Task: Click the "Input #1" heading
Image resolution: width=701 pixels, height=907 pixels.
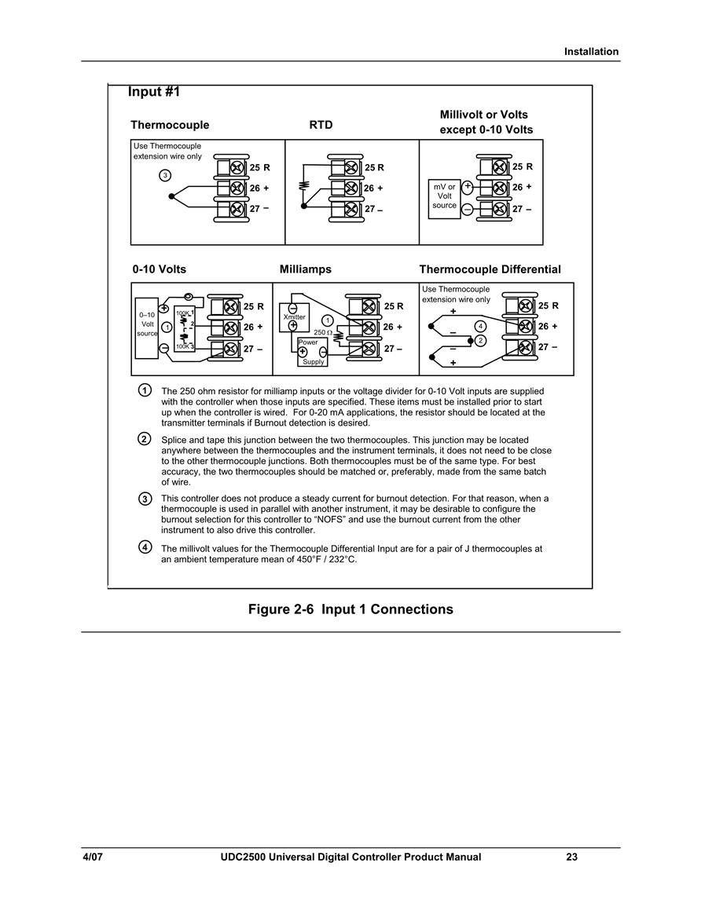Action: click(154, 92)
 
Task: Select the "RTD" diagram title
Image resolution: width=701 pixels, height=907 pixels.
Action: click(321, 125)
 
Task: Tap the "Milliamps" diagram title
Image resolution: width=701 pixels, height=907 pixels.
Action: click(306, 269)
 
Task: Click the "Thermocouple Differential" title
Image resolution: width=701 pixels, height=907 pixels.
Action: click(490, 269)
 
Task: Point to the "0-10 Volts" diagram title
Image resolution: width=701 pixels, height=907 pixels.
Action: click(160, 269)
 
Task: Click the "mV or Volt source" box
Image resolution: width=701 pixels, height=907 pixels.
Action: click(444, 199)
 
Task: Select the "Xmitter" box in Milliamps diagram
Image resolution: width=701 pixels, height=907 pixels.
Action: click(294, 317)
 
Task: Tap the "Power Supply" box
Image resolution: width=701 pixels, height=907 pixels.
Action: click(313, 352)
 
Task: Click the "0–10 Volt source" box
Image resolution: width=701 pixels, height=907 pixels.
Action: click(146, 328)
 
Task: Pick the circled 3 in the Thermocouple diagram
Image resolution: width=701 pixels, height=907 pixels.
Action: click(165, 175)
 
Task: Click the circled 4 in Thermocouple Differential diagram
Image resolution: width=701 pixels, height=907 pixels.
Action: click(480, 326)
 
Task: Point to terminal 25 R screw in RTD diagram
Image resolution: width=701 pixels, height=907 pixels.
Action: click(350, 168)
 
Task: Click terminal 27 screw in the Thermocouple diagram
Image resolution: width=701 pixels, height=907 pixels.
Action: click(237, 208)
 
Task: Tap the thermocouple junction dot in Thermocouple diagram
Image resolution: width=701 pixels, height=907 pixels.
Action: click(171, 196)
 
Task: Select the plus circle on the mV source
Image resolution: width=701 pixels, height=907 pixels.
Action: click(468, 186)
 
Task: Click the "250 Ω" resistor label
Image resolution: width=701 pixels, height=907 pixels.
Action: click(322, 333)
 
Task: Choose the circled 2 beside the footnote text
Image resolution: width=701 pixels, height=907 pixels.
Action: click(145, 439)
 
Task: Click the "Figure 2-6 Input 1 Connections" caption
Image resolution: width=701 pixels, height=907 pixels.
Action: click(350, 609)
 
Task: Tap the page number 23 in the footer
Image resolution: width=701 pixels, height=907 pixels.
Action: click(571, 857)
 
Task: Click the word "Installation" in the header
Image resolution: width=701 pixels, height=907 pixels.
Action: click(591, 52)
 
